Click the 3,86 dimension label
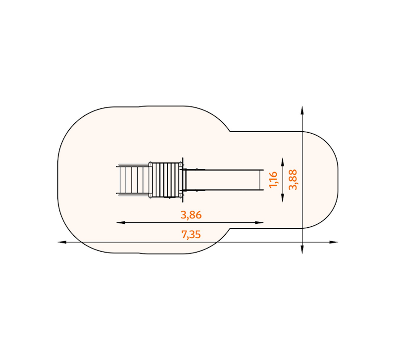[x=191, y=215]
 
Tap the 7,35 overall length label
[x=191, y=235]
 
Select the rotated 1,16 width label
[x=274, y=180]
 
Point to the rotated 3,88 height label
[x=293, y=180]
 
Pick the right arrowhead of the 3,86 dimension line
[x=259, y=222]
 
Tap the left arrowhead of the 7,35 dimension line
[x=62, y=242]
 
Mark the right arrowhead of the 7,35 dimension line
[x=334, y=242]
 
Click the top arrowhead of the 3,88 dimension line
[x=302, y=110]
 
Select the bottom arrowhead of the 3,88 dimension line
[x=302, y=250]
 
